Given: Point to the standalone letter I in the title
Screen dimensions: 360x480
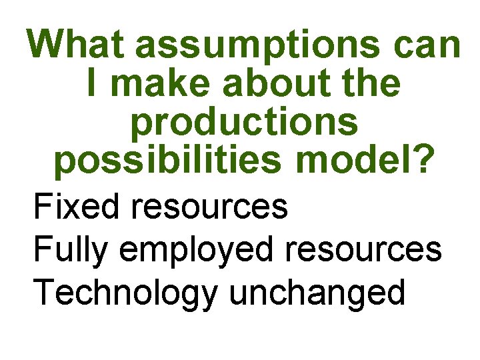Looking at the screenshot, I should tap(92, 84).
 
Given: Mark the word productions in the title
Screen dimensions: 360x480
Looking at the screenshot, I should tap(244, 124).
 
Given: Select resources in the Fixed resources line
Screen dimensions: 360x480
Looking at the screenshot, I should tap(209, 207).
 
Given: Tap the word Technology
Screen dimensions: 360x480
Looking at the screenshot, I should tap(125, 293).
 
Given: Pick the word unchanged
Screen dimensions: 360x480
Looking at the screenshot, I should tap(316, 293).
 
